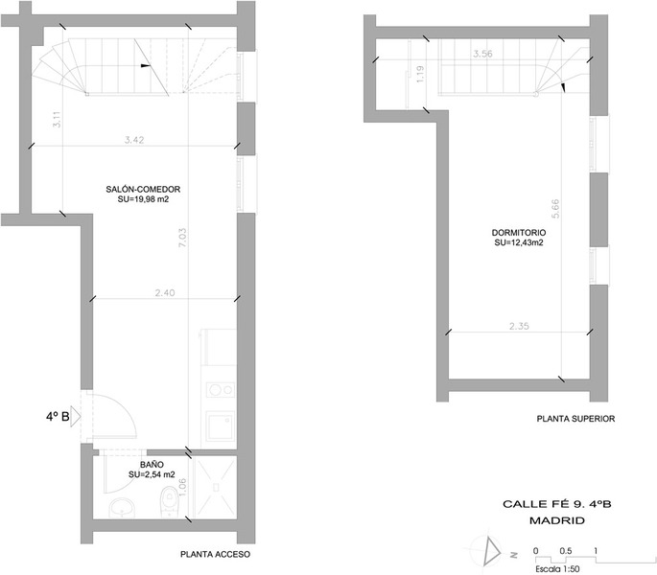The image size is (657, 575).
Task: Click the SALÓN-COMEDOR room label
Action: click(143, 190)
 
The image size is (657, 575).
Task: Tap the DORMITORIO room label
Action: click(519, 233)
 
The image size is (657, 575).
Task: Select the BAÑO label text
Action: click(152, 465)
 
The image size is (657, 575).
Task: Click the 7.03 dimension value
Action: click(182, 238)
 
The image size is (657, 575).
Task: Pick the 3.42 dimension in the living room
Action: click(134, 140)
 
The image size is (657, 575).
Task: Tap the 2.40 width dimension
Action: click(165, 292)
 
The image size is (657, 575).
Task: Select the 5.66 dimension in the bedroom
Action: click(555, 209)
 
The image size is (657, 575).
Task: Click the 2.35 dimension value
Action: click(519, 326)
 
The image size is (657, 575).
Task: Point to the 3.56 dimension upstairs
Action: click(482, 54)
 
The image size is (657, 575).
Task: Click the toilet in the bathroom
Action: click(169, 500)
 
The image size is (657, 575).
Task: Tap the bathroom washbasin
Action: click(122, 508)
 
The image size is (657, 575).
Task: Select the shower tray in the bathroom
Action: click(216, 487)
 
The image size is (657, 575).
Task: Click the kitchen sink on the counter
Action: click(221, 425)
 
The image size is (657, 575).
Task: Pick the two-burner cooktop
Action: click(221, 390)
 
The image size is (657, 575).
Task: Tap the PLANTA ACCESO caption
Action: click(216, 554)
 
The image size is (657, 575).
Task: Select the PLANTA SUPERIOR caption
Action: click(575, 419)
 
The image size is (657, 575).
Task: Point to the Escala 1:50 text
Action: click(557, 569)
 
